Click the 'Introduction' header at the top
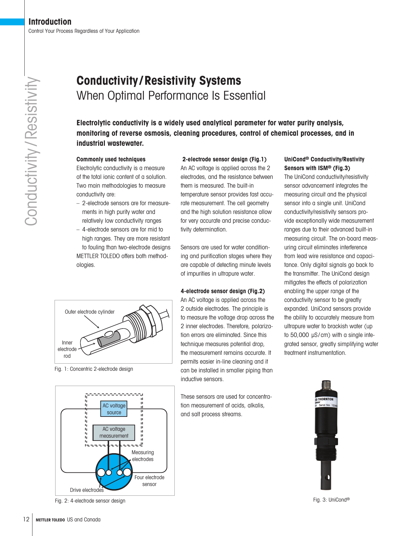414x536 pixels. [x=50, y=22]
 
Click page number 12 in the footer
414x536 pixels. [x=26, y=519]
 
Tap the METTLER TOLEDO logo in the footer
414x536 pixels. [x=50, y=520]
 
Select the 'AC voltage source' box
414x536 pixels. [x=114, y=409]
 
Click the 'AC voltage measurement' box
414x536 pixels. [x=114, y=432]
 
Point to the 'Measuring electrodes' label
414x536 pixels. [x=143, y=456]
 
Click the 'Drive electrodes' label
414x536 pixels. [x=86, y=490]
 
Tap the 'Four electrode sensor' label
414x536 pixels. [x=149, y=481]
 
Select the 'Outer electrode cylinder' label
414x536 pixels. [x=90, y=312]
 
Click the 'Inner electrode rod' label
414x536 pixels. [x=67, y=349]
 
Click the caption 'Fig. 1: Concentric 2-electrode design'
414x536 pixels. [x=94, y=369]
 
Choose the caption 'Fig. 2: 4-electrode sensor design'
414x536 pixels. [x=90, y=501]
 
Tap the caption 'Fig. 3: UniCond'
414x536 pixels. [x=331, y=500]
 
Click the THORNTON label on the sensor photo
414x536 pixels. [x=325, y=399]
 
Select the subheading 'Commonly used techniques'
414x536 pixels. [x=111, y=159]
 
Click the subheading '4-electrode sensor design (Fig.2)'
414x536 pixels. [x=223, y=291]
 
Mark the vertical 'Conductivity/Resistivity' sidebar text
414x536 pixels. [x=31, y=151]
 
